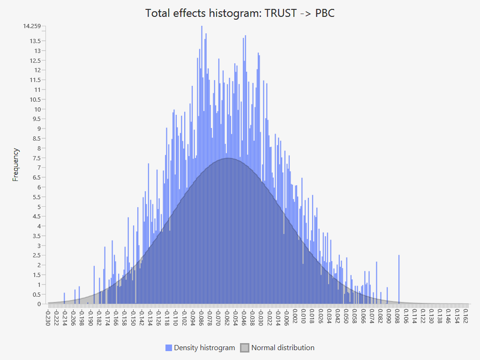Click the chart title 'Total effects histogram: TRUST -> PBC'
240,13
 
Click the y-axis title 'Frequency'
16,165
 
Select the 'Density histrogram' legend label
204,348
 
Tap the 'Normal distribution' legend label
283,348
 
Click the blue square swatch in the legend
169,348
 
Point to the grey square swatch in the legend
245,348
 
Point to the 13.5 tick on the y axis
35,41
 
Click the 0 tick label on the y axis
39,304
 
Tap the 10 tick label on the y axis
37,109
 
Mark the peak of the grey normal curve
228,158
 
